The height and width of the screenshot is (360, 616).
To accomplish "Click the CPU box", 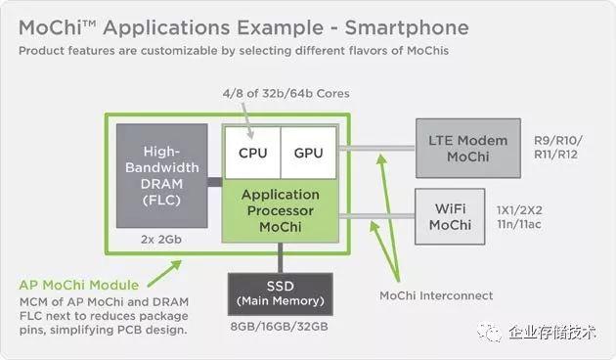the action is pyautogui.click(x=252, y=153).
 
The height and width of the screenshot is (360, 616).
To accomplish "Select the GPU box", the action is pyautogui.click(x=309, y=153).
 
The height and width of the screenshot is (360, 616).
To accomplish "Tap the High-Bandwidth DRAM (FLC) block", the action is pyautogui.click(x=162, y=176).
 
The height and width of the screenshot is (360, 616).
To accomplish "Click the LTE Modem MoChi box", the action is pyautogui.click(x=468, y=148).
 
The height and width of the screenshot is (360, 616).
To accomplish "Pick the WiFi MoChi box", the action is pyautogui.click(x=450, y=216).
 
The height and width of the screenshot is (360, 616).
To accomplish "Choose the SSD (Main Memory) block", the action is pyautogui.click(x=281, y=294).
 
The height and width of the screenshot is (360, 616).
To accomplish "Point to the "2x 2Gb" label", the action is pyautogui.click(x=161, y=240).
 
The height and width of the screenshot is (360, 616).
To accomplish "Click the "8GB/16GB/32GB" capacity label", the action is pyautogui.click(x=280, y=327).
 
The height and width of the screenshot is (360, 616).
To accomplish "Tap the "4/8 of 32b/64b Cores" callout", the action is pyautogui.click(x=286, y=94).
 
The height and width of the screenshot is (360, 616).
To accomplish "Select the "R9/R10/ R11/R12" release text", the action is pyautogui.click(x=558, y=148).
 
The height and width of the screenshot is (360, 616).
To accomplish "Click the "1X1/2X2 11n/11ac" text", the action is pyautogui.click(x=519, y=217).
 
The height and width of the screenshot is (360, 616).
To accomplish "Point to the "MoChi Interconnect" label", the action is pyautogui.click(x=436, y=295).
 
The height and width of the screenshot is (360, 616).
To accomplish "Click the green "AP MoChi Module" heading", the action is pyautogui.click(x=79, y=285).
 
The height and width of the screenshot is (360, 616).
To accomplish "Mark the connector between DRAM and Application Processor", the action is pyautogui.click(x=215, y=182).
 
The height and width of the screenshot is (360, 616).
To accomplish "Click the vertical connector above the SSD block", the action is pyautogui.click(x=280, y=258).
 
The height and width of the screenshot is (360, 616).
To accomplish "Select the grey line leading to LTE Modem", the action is pyautogui.click(x=377, y=148).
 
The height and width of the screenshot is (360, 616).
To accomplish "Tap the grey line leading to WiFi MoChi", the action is pyautogui.click(x=376, y=216).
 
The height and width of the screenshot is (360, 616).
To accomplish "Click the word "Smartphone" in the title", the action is pyautogui.click(x=407, y=28).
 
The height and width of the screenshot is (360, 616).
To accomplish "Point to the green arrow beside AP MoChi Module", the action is pyautogui.click(x=164, y=273).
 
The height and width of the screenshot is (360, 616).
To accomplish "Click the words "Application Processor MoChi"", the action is pyautogui.click(x=281, y=210).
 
